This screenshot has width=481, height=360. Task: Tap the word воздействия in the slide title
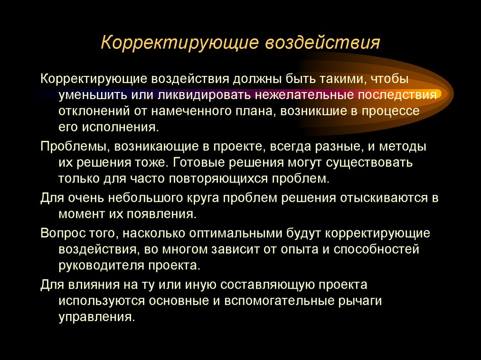point(323,43)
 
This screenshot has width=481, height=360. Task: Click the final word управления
point(96,317)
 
